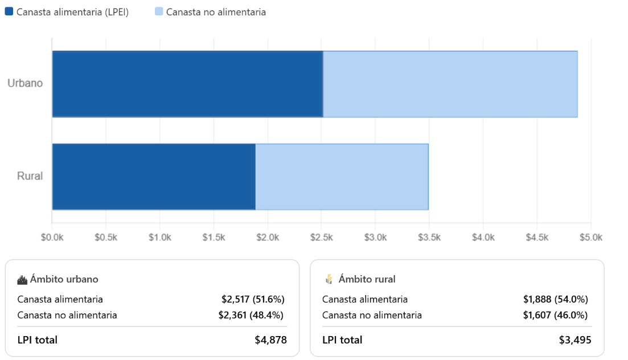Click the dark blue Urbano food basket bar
pos(187,84)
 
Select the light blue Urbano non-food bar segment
pos(450,84)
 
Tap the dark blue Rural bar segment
pos(154,177)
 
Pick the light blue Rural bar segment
pos(342,177)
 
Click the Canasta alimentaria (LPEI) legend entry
pos(67,12)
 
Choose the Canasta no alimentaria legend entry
pos(210,12)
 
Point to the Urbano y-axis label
pos(25,83)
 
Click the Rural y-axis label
pos(30,176)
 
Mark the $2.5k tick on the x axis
pos(322,238)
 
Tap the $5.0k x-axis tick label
pos(590,238)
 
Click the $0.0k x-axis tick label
pos(52,238)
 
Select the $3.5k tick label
pos(429,238)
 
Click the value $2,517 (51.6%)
pos(253,299)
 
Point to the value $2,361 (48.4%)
pos(251,315)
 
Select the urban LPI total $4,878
pos(270,340)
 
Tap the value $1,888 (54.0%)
pos(555,299)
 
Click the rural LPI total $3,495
pos(575,340)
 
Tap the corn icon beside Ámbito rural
pos(329,279)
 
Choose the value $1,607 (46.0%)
pos(555,315)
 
